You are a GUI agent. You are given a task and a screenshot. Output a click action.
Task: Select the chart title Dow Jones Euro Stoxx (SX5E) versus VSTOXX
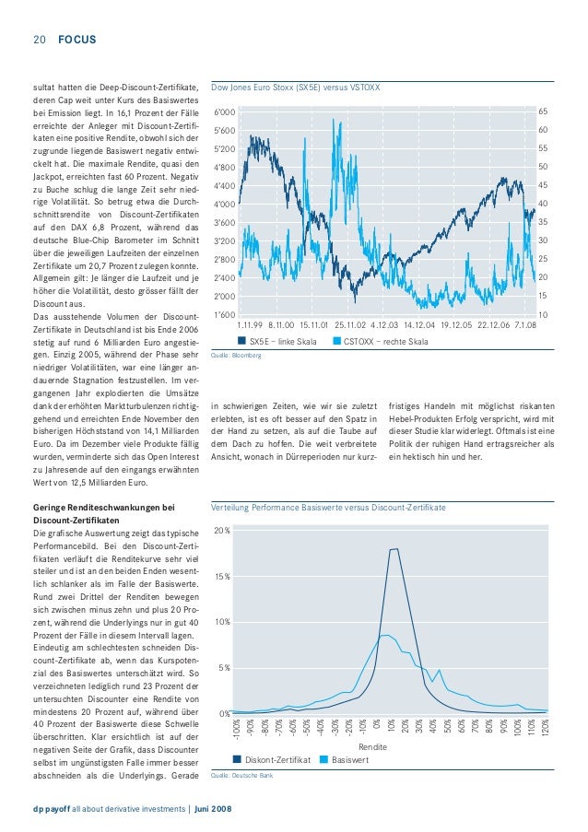[296, 88]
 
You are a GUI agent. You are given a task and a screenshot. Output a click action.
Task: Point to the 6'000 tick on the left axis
[224, 111]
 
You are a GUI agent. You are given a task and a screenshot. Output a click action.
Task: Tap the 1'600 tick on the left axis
[224, 315]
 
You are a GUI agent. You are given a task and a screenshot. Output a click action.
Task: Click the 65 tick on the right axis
[544, 111]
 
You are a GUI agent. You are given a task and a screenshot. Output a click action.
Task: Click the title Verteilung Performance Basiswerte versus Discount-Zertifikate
[329, 508]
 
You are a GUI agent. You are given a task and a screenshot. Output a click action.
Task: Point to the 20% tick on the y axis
[222, 533]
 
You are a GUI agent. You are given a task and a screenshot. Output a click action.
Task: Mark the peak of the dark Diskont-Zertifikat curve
[394, 549]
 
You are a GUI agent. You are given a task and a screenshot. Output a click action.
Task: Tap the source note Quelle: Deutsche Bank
[242, 776]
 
